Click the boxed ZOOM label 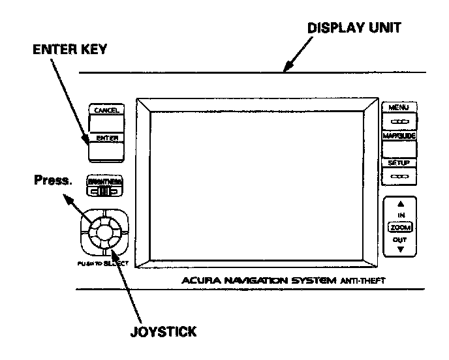point(400,227)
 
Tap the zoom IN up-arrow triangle point(400,203)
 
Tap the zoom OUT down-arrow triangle point(400,250)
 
